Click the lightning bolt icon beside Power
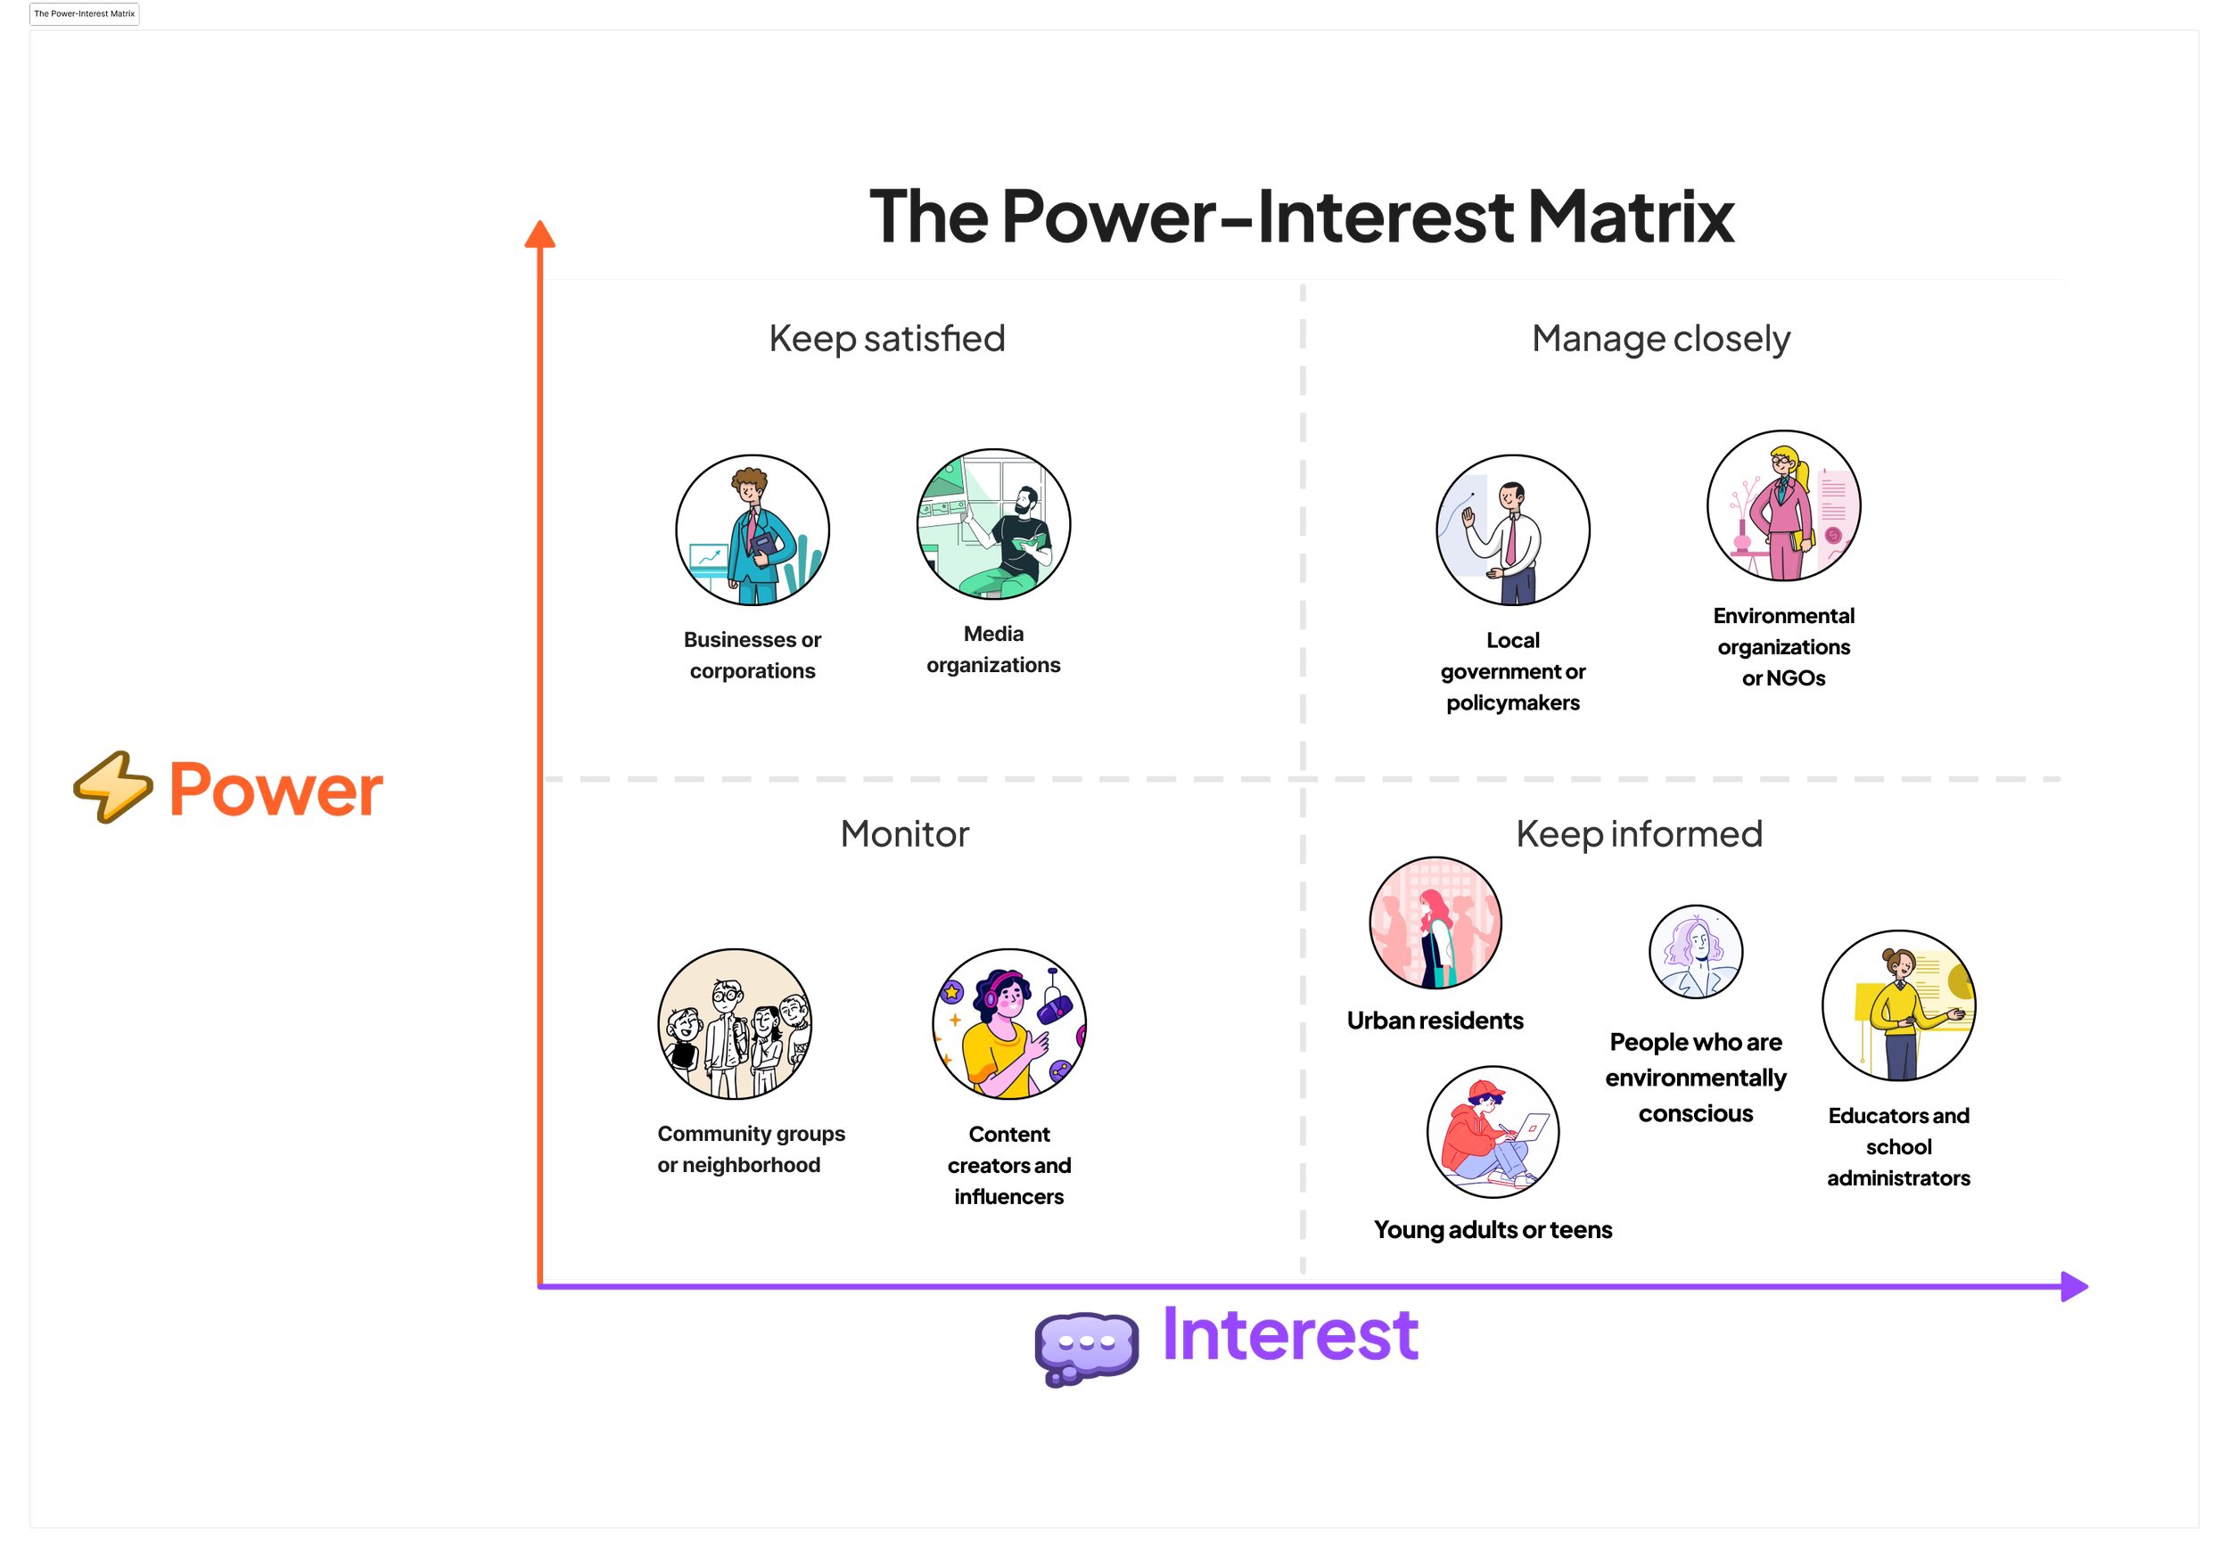pyautogui.click(x=113, y=787)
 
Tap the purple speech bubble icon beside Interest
pyautogui.click(x=1086, y=1347)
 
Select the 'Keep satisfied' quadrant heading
pyautogui.click(x=886, y=339)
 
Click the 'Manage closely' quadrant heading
pyautogui.click(x=1660, y=339)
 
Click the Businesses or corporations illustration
pyautogui.click(x=753, y=530)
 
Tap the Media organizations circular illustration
pyautogui.click(x=993, y=524)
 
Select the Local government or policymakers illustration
pyautogui.click(x=1512, y=530)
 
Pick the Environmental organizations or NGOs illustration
pyautogui.click(x=1783, y=505)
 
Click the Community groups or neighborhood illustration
pyautogui.click(x=735, y=1024)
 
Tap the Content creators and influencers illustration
pyautogui.click(x=1008, y=1024)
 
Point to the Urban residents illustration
pyautogui.click(x=1435, y=922)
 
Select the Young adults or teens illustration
pyautogui.click(x=1493, y=1132)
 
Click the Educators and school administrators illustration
pyautogui.click(x=1898, y=1005)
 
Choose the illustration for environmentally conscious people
pyautogui.click(x=1695, y=951)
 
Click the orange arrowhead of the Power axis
pyautogui.click(x=539, y=235)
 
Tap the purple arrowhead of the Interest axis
pyautogui.click(x=2073, y=1286)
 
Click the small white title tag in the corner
pyautogui.click(x=85, y=13)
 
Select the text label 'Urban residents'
pyautogui.click(x=1435, y=1021)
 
